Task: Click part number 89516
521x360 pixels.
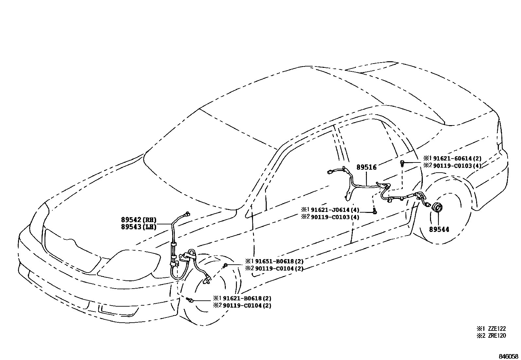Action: pos(367,167)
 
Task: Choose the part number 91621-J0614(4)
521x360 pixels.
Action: pos(335,210)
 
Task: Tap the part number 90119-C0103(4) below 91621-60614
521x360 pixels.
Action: pos(457,166)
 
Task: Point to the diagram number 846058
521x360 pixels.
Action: pos(509,356)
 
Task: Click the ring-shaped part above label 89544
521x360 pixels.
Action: pos(437,208)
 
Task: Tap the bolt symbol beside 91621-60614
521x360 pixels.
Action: pos(402,162)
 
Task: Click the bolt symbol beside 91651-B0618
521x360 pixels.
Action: pos(225,265)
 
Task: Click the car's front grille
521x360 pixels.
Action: pos(72,251)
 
